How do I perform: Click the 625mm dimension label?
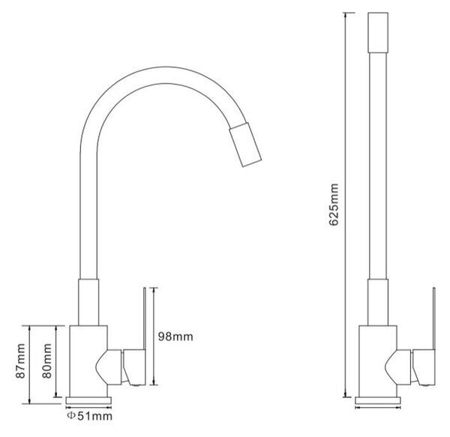[334, 205]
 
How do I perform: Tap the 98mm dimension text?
[175, 337]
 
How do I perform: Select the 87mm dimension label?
[21, 361]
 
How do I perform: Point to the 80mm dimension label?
[46, 361]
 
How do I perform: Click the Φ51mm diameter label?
[89, 416]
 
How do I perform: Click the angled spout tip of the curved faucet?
[245, 145]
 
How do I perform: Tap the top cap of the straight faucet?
[378, 32]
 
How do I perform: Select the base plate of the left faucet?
[88, 400]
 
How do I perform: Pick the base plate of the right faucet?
[378, 400]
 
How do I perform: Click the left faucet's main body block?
[88, 361]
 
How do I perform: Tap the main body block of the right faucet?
[378, 361]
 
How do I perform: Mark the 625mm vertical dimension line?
[345, 205]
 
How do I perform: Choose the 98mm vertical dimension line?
[154, 336]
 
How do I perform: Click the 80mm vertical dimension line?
[56, 361]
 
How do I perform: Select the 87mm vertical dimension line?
[30, 365]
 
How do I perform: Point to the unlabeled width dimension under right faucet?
[378, 407]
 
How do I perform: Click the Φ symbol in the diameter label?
[71, 416]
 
